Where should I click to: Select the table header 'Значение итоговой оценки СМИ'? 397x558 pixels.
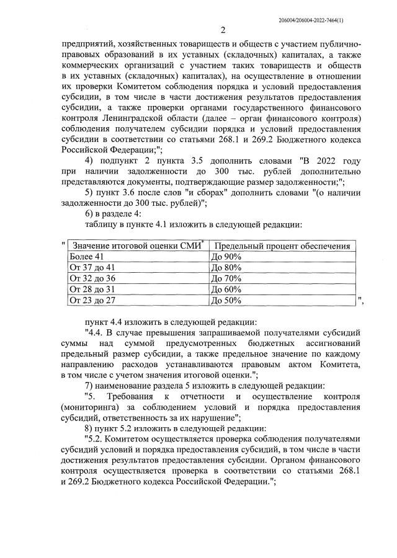point(137,246)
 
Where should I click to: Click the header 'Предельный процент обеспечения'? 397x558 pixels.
point(281,246)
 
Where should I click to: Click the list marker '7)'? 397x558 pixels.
point(90,385)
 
